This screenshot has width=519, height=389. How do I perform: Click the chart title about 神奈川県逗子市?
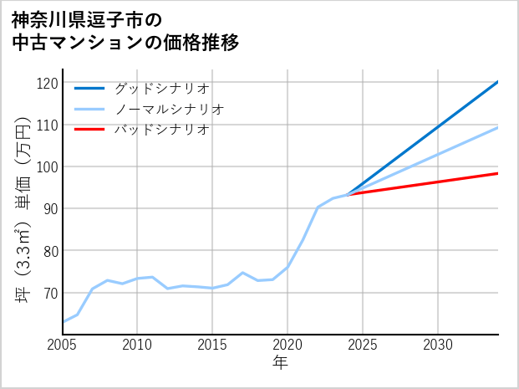(x=125, y=30)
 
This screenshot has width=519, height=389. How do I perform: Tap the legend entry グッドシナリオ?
(x=161, y=88)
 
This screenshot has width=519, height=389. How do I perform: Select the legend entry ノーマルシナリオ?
(x=169, y=109)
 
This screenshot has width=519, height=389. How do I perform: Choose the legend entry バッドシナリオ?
(x=161, y=130)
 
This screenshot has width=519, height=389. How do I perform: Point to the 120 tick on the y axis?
(x=48, y=83)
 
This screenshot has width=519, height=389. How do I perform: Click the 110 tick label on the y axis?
(x=48, y=125)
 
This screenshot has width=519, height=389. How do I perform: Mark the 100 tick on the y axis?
(x=48, y=166)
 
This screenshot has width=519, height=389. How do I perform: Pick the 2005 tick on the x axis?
(x=63, y=345)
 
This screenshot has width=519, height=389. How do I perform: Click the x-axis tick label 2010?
(x=138, y=345)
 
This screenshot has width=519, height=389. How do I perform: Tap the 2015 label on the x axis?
(x=212, y=345)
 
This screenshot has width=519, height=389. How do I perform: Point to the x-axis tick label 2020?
(x=287, y=345)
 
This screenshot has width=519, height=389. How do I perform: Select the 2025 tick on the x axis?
(x=363, y=345)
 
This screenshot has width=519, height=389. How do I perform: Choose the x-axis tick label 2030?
(x=438, y=345)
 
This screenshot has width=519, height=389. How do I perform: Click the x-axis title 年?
(x=280, y=363)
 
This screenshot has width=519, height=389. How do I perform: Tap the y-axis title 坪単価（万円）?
(x=23, y=209)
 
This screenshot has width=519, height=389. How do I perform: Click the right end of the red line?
(x=497, y=173)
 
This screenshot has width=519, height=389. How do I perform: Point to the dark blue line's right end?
(x=497, y=82)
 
